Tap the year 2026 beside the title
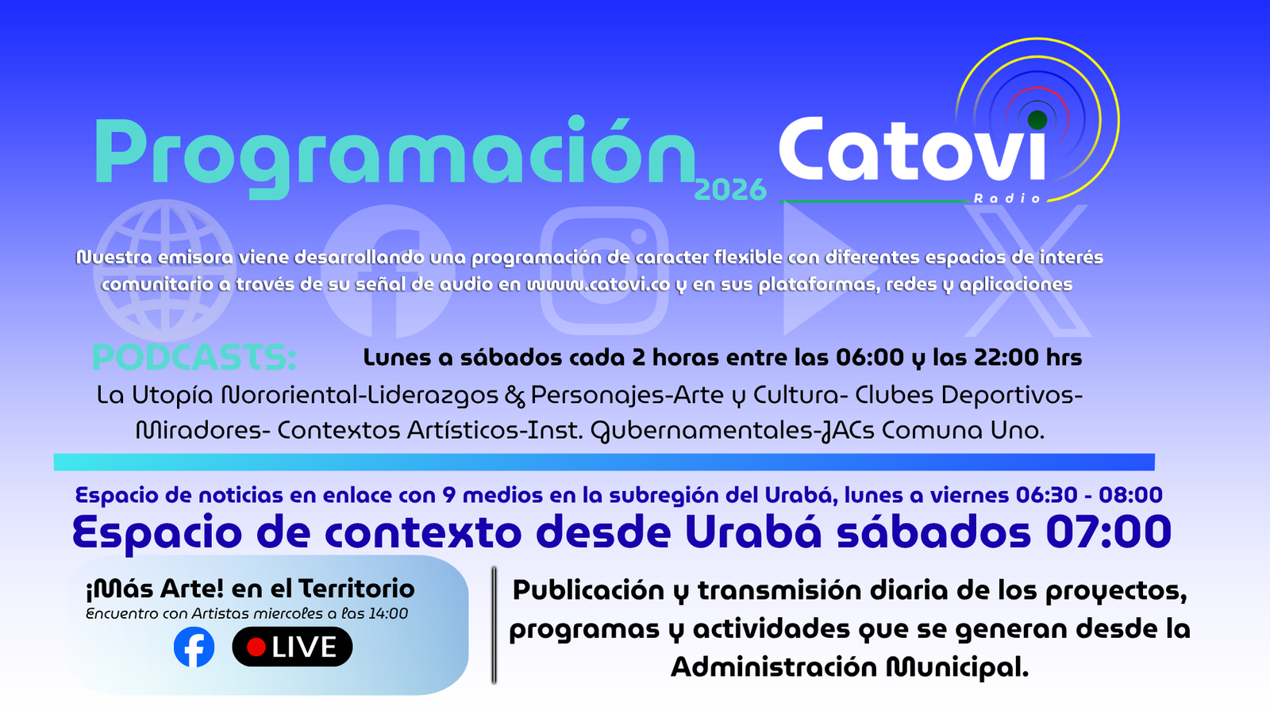[730, 190]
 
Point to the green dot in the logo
[1037, 120]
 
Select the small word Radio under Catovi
[1007, 198]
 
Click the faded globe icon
[164, 271]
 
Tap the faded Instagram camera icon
[604, 271]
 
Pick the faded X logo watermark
[1027, 271]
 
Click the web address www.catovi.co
[598, 284]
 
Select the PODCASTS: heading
[194, 358]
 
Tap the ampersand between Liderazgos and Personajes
[514, 396]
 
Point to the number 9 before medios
[449, 495]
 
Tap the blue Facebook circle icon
[194, 647]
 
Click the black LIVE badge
[292, 647]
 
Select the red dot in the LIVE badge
[256, 647]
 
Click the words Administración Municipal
[849, 667]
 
